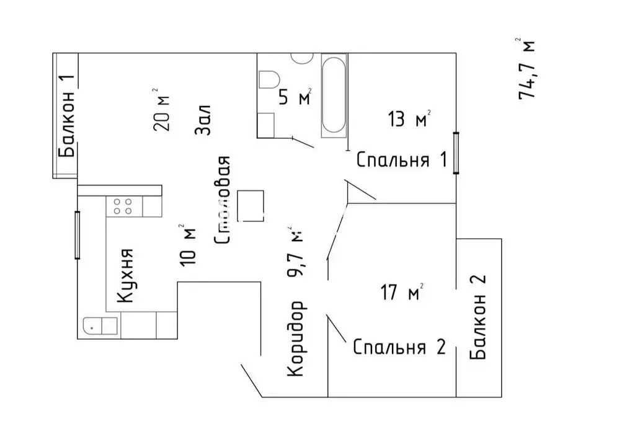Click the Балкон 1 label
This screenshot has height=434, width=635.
click(67, 117)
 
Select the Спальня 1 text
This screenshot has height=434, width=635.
click(401, 160)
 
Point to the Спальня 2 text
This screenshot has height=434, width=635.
click(399, 347)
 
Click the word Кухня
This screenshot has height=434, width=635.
click(126, 276)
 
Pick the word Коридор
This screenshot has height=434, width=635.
click(296, 339)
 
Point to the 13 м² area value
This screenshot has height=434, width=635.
click(409, 118)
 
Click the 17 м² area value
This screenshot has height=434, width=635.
click(401, 291)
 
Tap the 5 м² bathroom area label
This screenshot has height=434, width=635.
click(294, 98)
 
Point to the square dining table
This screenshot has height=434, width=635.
click(251, 205)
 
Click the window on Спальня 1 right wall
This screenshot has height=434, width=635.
click(456, 153)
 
